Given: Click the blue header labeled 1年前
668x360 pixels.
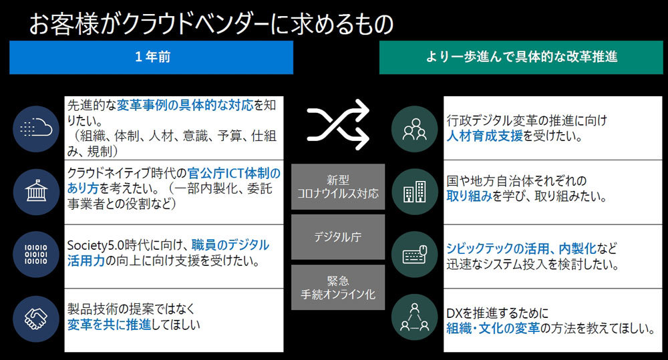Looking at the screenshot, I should [x=151, y=57].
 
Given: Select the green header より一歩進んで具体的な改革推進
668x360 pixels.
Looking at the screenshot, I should [x=522, y=57].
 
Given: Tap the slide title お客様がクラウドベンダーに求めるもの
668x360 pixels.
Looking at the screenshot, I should [x=210, y=23].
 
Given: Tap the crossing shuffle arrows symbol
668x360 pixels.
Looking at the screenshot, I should [x=338, y=124].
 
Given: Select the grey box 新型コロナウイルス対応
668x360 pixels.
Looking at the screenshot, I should [x=338, y=186].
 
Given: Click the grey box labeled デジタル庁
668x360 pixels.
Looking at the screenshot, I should [x=338, y=237].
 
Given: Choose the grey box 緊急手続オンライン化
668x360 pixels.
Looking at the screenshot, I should [x=338, y=288].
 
